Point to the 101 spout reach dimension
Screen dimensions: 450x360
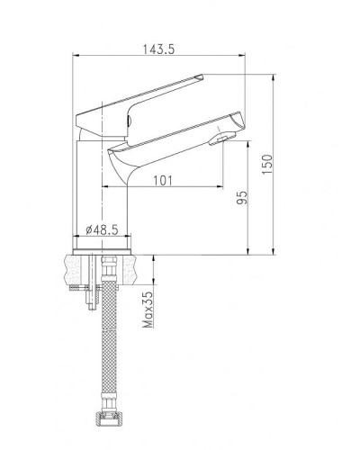(x=163, y=179)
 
